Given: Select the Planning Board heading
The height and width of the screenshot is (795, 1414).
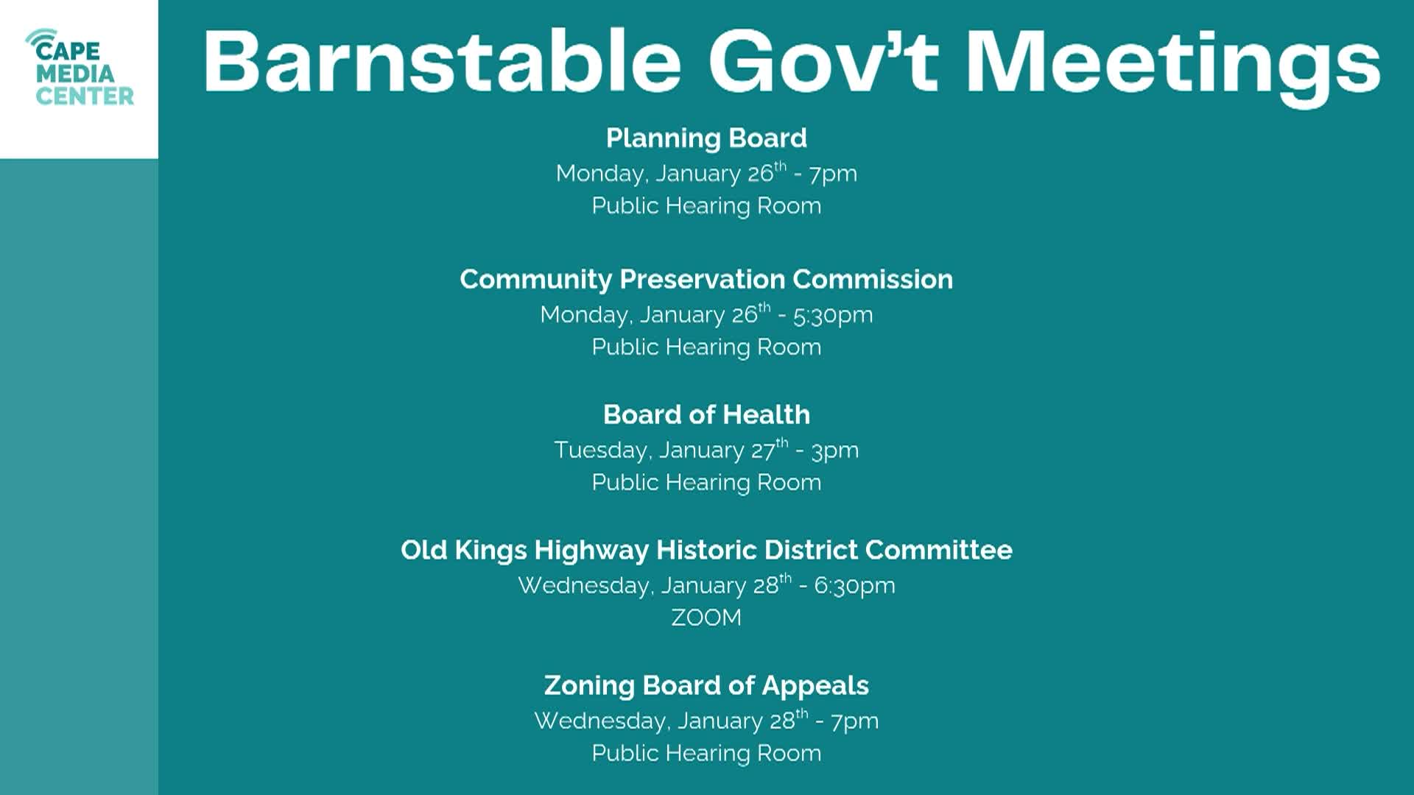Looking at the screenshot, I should click(x=706, y=138).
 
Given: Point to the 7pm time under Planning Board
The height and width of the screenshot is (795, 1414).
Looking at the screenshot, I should click(x=833, y=174).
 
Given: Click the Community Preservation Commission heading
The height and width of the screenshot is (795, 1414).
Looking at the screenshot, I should click(x=706, y=280).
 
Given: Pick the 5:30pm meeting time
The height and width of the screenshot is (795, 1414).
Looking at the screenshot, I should click(x=833, y=316).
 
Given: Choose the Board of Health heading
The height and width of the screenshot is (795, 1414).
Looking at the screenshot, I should click(x=706, y=415).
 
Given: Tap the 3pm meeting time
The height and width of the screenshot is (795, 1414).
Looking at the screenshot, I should click(x=835, y=451).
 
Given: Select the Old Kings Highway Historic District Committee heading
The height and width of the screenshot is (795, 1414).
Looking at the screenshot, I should click(x=706, y=551).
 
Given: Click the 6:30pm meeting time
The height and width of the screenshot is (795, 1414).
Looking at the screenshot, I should click(x=854, y=587).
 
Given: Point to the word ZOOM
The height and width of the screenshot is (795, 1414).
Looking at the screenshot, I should click(x=706, y=618).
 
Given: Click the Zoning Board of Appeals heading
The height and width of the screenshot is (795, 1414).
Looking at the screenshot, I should click(x=706, y=686).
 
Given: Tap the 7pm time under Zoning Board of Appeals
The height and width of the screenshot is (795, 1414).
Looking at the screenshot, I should click(x=854, y=721).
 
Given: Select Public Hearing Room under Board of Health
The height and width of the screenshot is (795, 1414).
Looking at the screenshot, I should click(x=706, y=483).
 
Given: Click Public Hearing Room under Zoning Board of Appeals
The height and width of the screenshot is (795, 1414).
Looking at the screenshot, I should click(x=706, y=753).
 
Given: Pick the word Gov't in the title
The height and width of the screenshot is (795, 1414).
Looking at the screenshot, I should click(x=823, y=62).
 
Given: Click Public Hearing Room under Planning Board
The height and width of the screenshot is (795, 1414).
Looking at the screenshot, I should click(x=706, y=206).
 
